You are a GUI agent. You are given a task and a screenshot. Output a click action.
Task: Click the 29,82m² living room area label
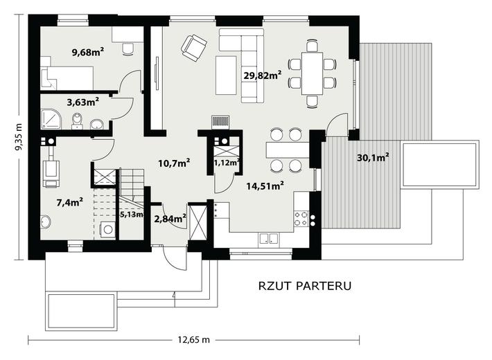pyautogui.click(x=263, y=75)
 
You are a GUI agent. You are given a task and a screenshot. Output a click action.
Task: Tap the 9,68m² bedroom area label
pyautogui.click(x=88, y=52)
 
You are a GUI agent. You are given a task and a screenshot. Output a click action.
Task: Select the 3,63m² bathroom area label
pyautogui.click(x=83, y=102)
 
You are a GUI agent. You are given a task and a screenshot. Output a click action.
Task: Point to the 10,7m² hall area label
pyautogui.click(x=174, y=163)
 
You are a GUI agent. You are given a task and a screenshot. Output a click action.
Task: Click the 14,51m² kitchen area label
pyautogui.click(x=265, y=186)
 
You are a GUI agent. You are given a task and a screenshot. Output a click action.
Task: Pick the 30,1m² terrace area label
pyautogui.click(x=373, y=157)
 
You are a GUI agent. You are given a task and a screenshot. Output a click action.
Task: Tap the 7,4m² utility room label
pyautogui.click(x=70, y=202)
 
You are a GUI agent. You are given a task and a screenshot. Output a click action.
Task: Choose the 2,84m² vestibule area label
pyautogui.click(x=170, y=219)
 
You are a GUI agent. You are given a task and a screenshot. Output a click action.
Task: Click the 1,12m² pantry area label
pyautogui.click(x=227, y=163)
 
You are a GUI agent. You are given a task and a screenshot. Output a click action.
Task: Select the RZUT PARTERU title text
pyautogui.click(x=305, y=286)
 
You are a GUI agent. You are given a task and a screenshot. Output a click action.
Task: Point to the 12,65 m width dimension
pyautogui.click(x=193, y=340)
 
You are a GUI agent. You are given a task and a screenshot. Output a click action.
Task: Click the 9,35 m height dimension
pyautogui.click(x=19, y=138)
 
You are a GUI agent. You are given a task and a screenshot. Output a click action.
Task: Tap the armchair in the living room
pyautogui.click(x=194, y=48)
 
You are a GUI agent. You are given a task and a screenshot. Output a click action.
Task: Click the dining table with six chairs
pyautogui.click(x=313, y=73)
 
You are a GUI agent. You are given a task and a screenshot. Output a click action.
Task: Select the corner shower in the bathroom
pyautogui.click(x=51, y=118)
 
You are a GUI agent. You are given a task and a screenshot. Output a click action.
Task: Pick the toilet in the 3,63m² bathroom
pyautogui.click(x=77, y=121)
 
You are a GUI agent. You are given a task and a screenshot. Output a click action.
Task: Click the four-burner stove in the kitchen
pyautogui.click(x=301, y=219)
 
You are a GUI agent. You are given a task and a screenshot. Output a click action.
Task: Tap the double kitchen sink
pyautogui.click(x=268, y=239)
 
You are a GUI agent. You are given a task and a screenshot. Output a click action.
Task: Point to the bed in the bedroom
pyautogui.click(x=67, y=78)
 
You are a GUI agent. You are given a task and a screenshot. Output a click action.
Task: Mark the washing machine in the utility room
pyautogui.click(x=107, y=229)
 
